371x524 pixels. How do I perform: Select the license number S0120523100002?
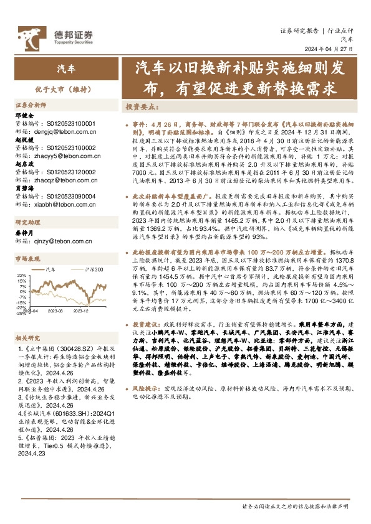71,148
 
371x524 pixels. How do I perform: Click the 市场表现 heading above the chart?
27,258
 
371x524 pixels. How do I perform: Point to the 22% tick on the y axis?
22,274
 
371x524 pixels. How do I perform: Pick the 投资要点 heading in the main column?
141,106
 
